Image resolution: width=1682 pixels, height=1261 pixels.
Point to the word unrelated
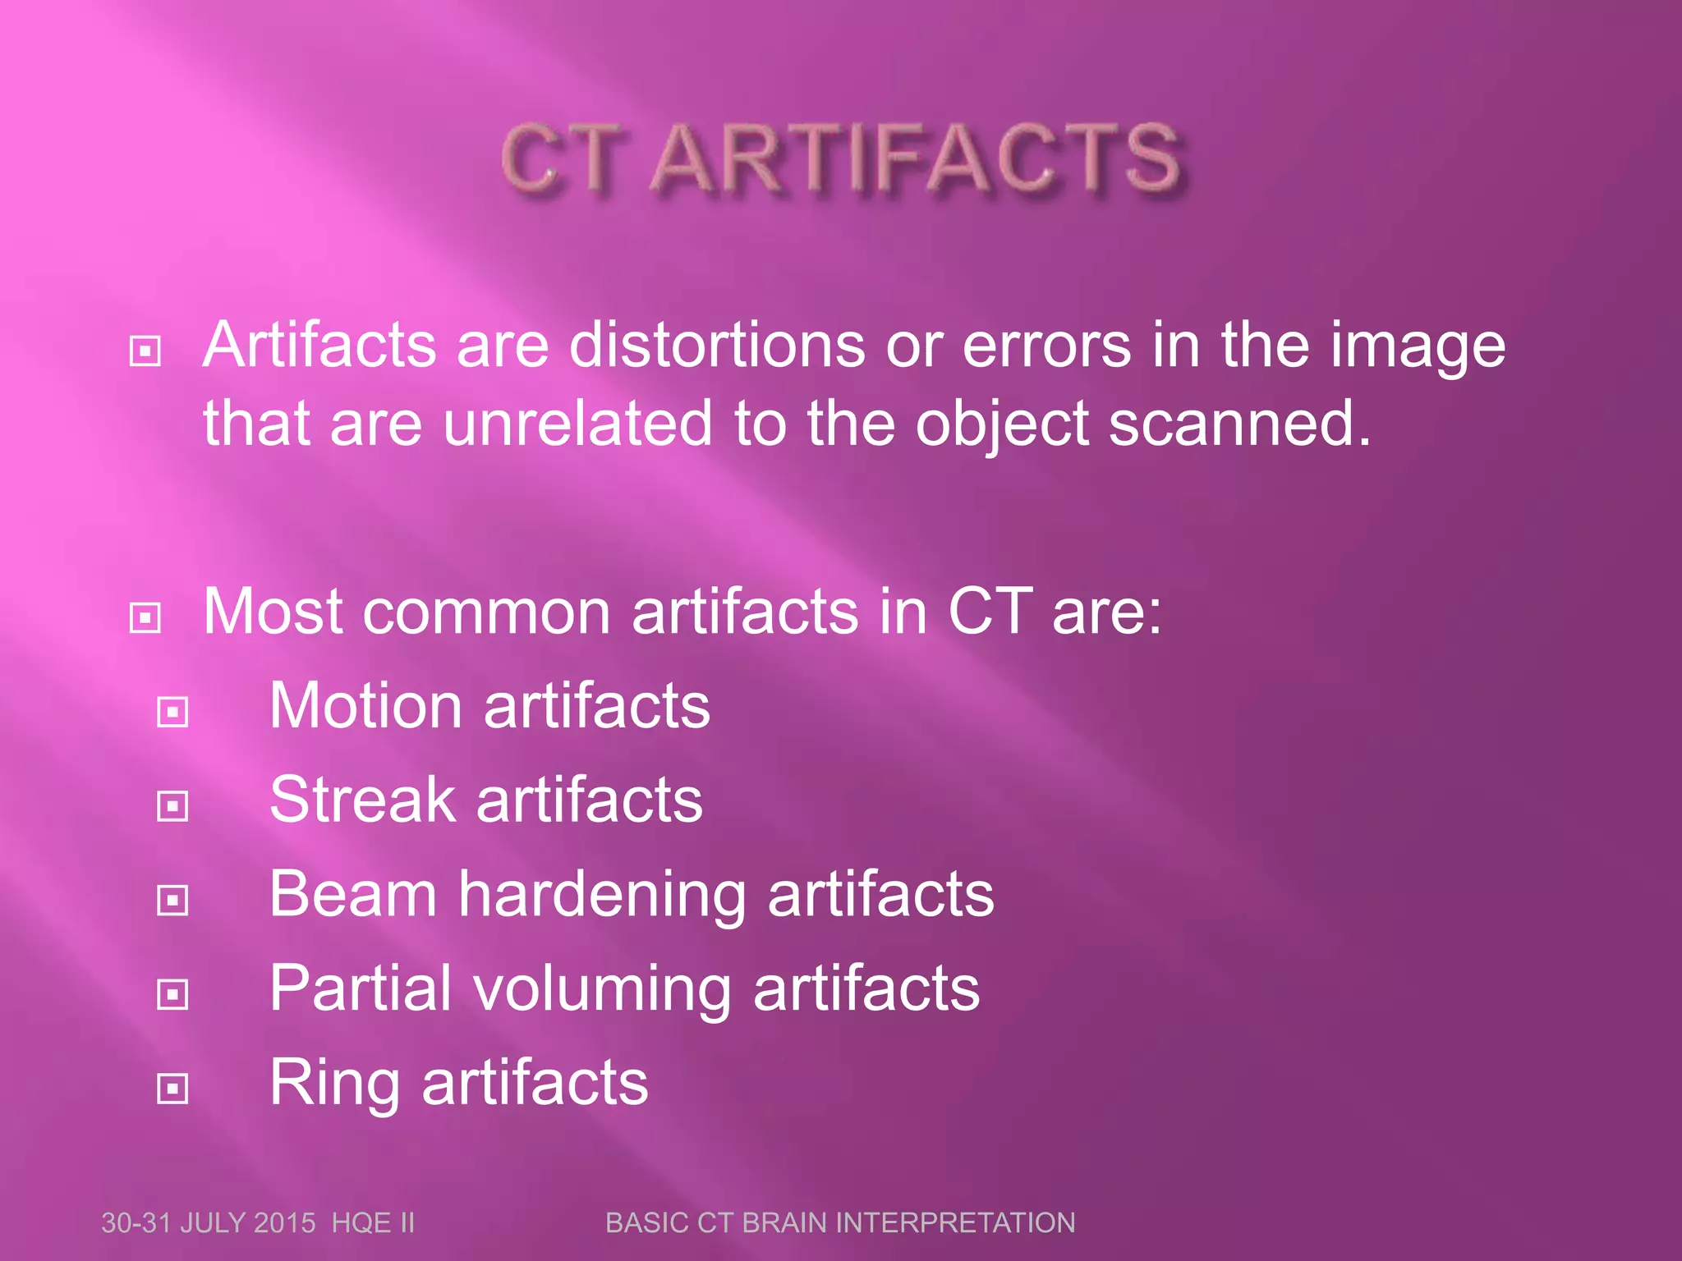[577, 424]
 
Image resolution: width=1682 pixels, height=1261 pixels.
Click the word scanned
[1239, 424]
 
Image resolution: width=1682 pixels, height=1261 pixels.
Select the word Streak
[362, 800]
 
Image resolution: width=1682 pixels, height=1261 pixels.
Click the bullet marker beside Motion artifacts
[172, 712]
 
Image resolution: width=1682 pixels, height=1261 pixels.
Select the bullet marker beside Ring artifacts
[172, 1089]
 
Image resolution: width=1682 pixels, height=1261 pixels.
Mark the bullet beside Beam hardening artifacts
[172, 901]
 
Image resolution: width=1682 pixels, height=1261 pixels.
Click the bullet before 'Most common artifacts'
[145, 617]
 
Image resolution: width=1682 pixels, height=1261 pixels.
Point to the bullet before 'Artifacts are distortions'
[145, 351]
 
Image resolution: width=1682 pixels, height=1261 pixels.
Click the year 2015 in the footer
[285, 1223]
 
